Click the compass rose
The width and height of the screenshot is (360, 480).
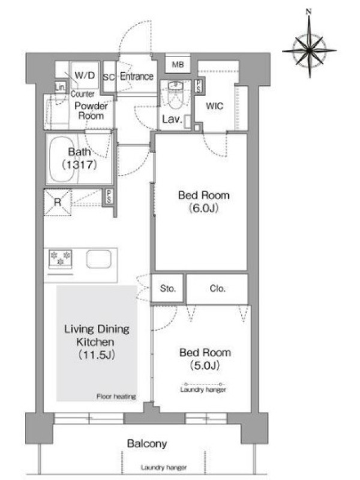[x=309, y=49]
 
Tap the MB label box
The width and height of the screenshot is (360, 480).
[x=178, y=64]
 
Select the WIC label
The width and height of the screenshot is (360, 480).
[x=214, y=106]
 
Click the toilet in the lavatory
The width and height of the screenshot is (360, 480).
[x=175, y=95]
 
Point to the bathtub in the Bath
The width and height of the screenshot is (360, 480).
[x=62, y=159]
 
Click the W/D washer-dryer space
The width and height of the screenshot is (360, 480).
[x=85, y=75]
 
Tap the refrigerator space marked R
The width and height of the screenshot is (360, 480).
[x=58, y=202]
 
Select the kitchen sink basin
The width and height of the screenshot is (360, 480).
[x=99, y=259]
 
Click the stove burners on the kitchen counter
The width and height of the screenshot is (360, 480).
[x=61, y=259]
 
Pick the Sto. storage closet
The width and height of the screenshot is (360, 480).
[x=168, y=289]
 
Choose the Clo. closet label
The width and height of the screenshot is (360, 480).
[x=218, y=289]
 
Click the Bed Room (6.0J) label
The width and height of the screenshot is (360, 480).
[x=204, y=202]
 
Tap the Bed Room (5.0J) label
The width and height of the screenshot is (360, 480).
[x=205, y=359]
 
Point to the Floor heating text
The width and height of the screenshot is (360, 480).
[x=116, y=397]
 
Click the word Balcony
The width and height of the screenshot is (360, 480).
[x=147, y=443]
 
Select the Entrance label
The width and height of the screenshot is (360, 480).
[x=137, y=76]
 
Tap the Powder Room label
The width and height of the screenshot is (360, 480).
[x=91, y=111]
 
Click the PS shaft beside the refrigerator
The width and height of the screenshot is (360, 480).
[x=109, y=197]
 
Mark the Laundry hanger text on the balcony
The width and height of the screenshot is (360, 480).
[x=164, y=467]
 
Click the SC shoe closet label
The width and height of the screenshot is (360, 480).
[x=109, y=77]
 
